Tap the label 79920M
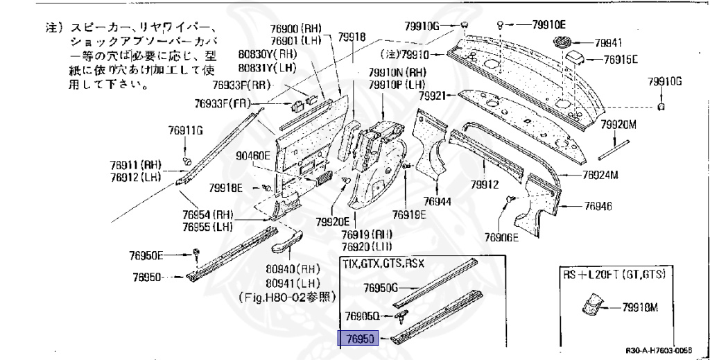(618, 125)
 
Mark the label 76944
(438, 201)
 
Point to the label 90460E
(252, 155)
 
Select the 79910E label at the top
(551, 24)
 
